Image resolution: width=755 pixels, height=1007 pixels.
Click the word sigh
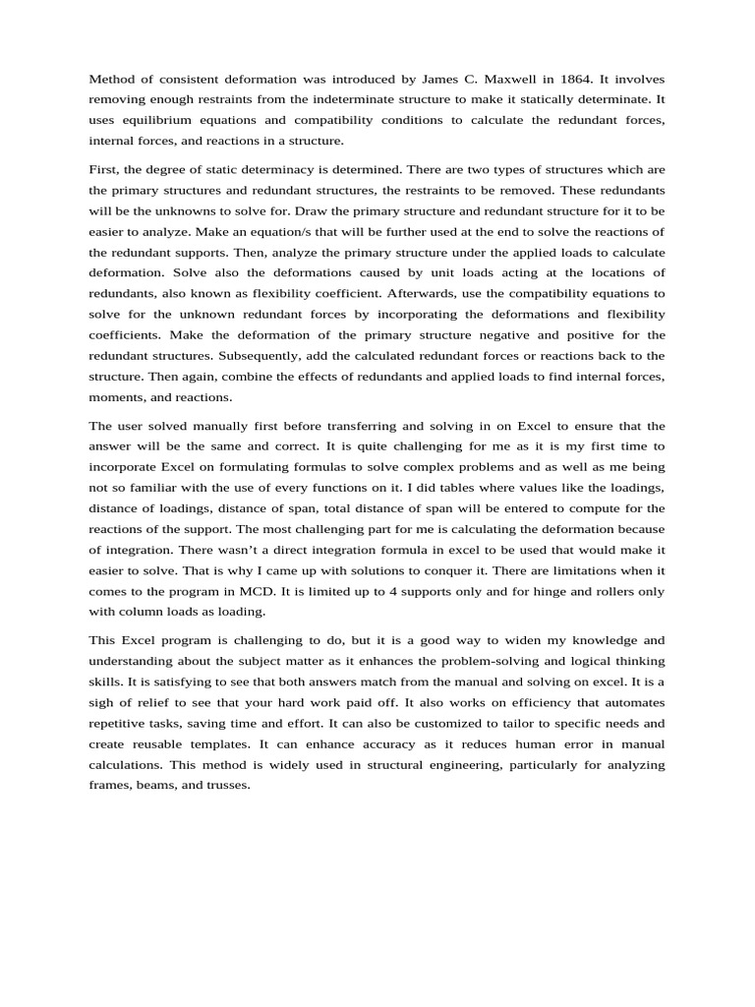[x=102, y=702]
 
